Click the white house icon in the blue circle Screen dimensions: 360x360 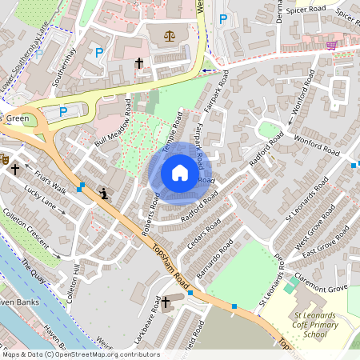(x=180, y=173)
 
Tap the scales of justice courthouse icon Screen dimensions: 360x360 (x=169, y=36)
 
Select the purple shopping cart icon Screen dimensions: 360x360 (x=331, y=45)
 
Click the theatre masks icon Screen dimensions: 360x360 (x=4, y=160)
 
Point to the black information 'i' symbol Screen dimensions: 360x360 (x=104, y=193)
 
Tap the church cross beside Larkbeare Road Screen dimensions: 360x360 (x=166, y=302)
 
